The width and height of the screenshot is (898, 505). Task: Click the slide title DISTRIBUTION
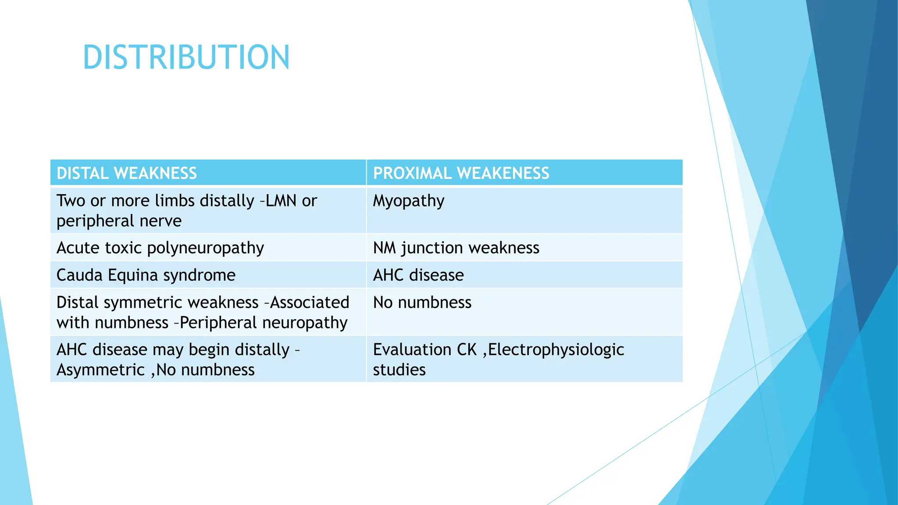pyautogui.click(x=186, y=57)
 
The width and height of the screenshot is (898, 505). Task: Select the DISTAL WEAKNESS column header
pyautogui.click(x=127, y=173)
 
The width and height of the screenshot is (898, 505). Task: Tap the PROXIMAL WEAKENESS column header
pyautogui.click(x=461, y=173)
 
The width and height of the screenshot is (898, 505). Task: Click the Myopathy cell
pyautogui.click(x=409, y=201)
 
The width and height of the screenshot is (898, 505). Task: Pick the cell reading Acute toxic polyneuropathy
pyautogui.click(x=160, y=248)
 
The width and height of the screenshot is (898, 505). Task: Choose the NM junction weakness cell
pyautogui.click(x=456, y=248)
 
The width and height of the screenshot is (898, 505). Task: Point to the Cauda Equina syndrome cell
pyautogui.click(x=146, y=275)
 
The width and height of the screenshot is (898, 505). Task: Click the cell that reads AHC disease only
pyautogui.click(x=418, y=275)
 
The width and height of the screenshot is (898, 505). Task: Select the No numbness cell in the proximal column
pyautogui.click(x=422, y=302)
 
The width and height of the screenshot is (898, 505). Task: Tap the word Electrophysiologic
pyautogui.click(x=556, y=350)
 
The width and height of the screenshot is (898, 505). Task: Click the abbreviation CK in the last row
pyautogui.click(x=467, y=350)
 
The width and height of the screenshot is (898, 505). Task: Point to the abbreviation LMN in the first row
pyautogui.click(x=282, y=201)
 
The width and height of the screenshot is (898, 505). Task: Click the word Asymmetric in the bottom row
pyautogui.click(x=100, y=370)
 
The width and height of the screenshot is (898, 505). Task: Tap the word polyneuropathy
pyautogui.click(x=206, y=248)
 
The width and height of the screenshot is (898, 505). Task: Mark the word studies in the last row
pyautogui.click(x=399, y=370)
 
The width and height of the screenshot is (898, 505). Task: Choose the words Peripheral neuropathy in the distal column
pyautogui.click(x=264, y=323)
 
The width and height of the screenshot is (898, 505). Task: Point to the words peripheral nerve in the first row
pyautogui.click(x=119, y=221)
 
